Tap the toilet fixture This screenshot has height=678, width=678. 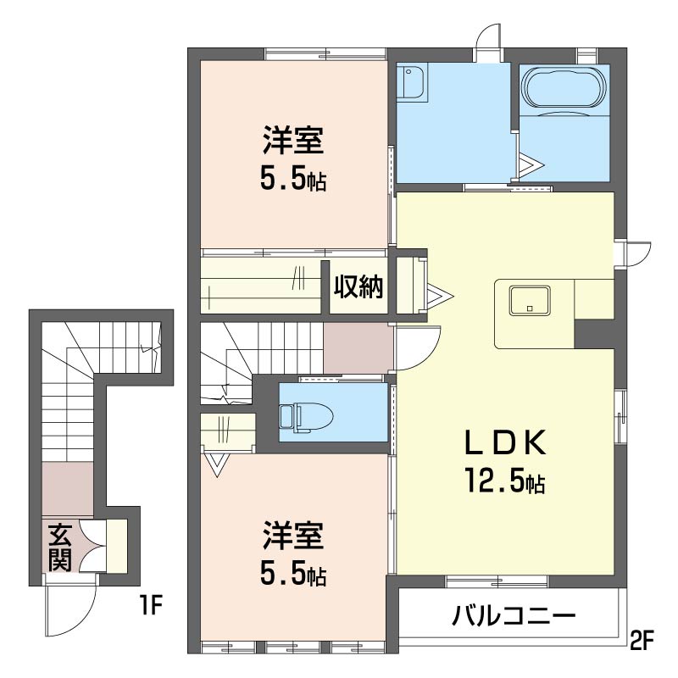click(x=307, y=417)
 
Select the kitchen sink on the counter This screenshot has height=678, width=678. click(x=530, y=300)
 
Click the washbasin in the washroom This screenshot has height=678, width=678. click(x=412, y=82)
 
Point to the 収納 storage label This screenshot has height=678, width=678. click(x=358, y=286)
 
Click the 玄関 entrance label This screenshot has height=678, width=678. click(x=60, y=547)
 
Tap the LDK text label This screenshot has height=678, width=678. click(x=505, y=442)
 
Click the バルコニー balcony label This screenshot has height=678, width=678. click(x=514, y=614)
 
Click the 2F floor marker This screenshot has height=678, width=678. click(x=642, y=641)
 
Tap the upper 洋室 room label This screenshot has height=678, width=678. click(x=293, y=140)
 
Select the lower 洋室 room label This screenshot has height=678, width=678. click(x=293, y=536)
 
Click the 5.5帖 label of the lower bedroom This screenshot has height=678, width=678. click(x=293, y=573)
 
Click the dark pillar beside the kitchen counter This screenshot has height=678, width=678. click(x=594, y=333)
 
